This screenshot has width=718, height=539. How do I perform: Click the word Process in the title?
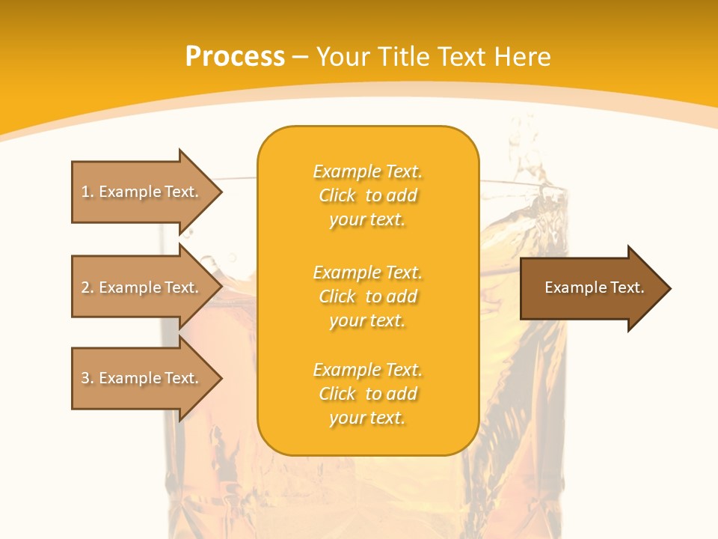(x=235, y=57)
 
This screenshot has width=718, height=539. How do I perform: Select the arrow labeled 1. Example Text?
(x=142, y=192)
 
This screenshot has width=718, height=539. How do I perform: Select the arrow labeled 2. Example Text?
(x=142, y=287)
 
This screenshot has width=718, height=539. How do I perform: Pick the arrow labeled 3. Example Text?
(x=142, y=378)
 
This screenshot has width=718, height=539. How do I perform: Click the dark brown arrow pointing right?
(x=591, y=288)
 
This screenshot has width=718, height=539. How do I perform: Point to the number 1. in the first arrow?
(x=88, y=192)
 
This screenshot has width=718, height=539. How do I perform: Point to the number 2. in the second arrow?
(x=88, y=287)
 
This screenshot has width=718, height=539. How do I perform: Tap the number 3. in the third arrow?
(x=88, y=378)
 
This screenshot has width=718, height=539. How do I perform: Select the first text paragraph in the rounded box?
(x=367, y=195)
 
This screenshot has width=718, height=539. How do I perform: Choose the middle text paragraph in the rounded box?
(x=367, y=296)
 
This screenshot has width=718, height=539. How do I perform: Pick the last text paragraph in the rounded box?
(x=367, y=394)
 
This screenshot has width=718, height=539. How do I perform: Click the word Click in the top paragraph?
(x=337, y=195)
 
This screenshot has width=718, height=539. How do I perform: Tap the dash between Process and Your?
(x=300, y=57)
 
